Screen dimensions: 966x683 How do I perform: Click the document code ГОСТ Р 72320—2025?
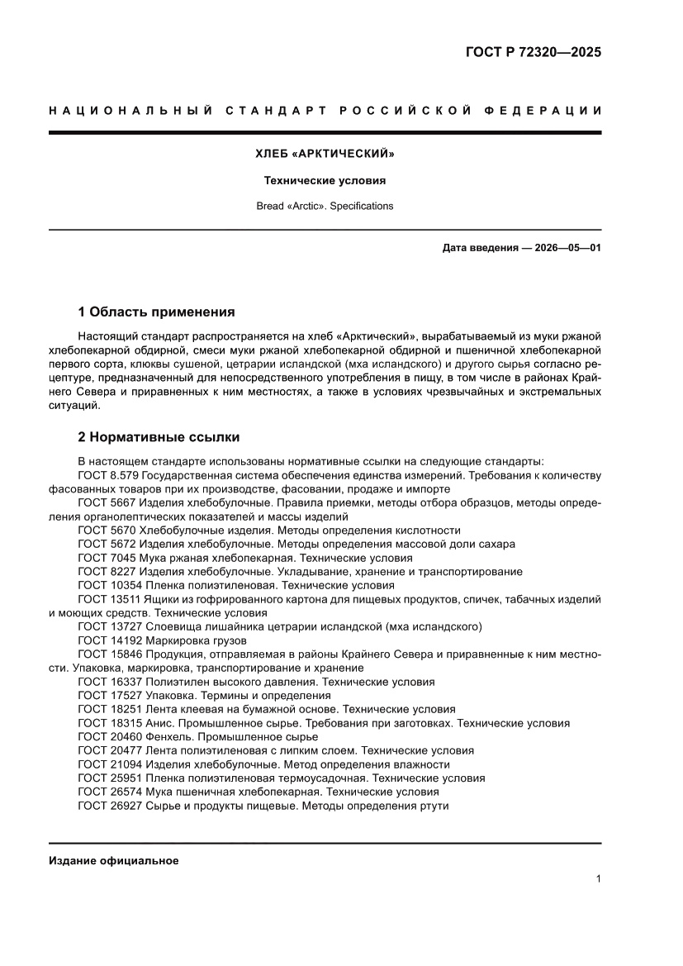tap(534, 52)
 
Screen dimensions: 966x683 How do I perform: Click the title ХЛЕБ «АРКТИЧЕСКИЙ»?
tap(325, 154)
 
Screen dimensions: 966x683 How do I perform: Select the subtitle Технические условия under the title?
tap(325, 179)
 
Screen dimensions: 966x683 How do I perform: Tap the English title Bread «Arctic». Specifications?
tap(325, 206)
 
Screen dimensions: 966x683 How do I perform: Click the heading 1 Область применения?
tap(156, 312)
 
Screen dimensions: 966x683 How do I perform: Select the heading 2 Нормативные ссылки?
tap(159, 436)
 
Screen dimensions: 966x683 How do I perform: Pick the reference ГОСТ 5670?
tap(106, 530)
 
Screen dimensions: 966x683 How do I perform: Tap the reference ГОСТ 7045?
tap(106, 558)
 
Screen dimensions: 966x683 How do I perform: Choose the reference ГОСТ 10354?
tap(109, 585)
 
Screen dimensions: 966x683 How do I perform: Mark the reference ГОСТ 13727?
tap(109, 626)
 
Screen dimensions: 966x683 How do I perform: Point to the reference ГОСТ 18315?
tap(109, 723)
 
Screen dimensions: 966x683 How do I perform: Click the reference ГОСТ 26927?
tap(109, 806)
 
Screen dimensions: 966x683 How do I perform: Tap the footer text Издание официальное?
tap(114, 860)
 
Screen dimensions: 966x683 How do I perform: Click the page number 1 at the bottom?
tap(597, 879)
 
